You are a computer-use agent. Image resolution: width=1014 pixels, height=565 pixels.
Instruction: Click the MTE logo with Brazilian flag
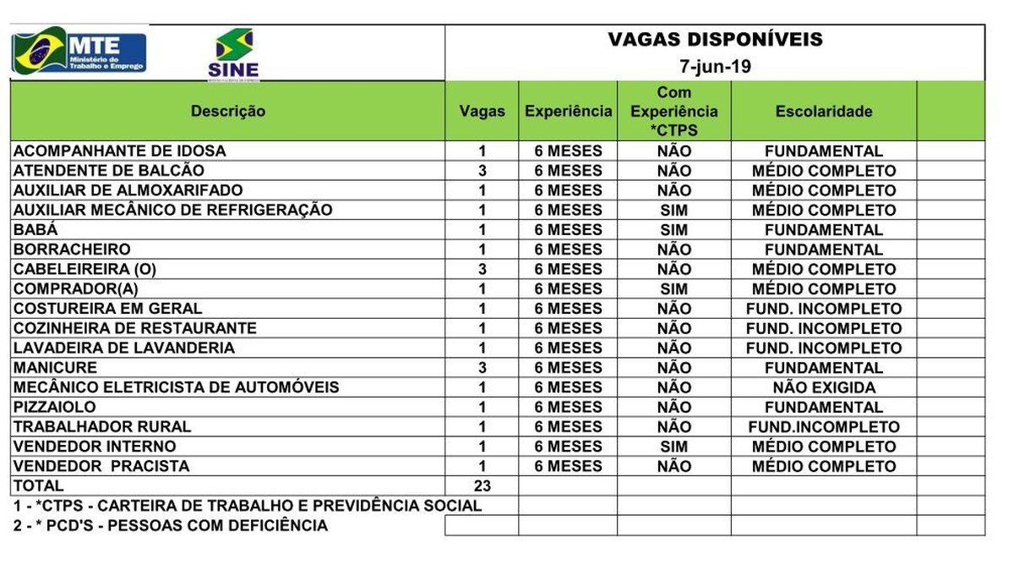[79, 52]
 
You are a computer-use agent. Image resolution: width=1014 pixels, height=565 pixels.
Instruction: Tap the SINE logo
[234, 55]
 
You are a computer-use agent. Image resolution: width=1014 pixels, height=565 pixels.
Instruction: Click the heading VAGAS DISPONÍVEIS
[715, 40]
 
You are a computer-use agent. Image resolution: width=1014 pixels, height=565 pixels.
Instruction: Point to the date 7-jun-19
[715, 67]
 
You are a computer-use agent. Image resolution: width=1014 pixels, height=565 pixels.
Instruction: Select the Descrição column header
[227, 111]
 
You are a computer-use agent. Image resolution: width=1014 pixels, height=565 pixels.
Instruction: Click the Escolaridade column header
[823, 111]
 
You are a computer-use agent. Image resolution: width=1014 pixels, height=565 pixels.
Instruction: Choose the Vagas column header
[482, 111]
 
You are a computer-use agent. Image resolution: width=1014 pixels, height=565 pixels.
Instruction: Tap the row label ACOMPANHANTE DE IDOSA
[120, 151]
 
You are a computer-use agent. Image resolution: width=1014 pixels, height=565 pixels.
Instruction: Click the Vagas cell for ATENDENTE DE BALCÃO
[482, 171]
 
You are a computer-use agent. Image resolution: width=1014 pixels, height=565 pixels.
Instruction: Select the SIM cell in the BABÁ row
[673, 230]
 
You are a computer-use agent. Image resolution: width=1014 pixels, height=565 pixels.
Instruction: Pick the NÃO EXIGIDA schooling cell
[824, 387]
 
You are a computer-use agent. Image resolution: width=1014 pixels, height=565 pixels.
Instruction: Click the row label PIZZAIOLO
[55, 407]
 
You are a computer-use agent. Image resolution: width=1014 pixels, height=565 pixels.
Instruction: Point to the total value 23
[482, 485]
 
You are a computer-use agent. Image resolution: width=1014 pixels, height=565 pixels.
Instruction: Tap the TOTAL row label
[38, 485]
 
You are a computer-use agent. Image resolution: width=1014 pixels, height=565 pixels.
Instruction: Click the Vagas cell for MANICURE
[482, 368]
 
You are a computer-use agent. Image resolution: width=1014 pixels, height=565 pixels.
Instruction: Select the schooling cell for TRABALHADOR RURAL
[824, 427]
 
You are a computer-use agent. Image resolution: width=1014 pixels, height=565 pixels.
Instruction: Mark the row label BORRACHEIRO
[72, 250]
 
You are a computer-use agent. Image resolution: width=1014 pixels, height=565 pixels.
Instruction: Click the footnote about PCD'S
[171, 525]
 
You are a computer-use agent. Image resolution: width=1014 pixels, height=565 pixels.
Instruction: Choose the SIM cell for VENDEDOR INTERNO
[673, 447]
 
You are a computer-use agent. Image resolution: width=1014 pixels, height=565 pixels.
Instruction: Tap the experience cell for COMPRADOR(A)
[568, 289]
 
